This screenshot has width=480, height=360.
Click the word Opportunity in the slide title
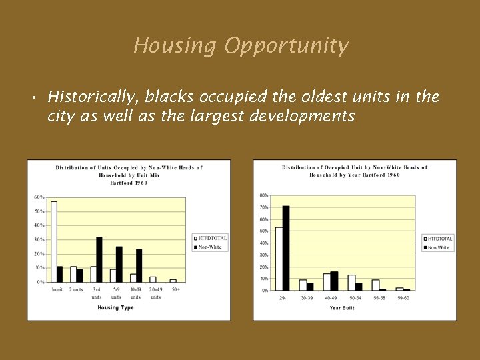(x=286, y=46)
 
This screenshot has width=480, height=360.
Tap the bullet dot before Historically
(x=33, y=99)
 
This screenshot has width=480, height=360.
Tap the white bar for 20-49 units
(x=153, y=279)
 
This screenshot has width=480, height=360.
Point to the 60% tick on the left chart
(x=39, y=197)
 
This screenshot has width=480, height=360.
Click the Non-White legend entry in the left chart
(x=209, y=247)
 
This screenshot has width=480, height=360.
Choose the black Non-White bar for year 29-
(x=286, y=248)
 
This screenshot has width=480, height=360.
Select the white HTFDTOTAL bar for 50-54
(x=351, y=283)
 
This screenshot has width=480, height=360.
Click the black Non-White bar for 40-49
(x=334, y=281)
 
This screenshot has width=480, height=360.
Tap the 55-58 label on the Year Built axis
(x=379, y=297)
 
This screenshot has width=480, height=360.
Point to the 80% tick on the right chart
(x=264, y=195)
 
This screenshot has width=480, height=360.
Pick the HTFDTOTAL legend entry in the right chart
(x=439, y=239)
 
